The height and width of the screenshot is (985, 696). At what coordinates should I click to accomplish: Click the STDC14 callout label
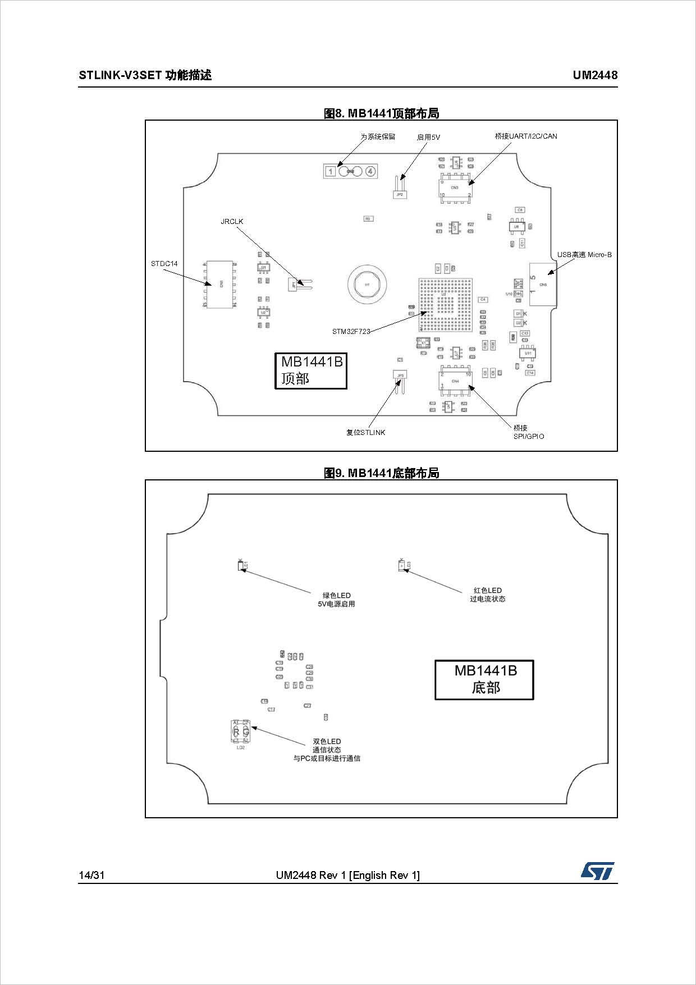point(164,263)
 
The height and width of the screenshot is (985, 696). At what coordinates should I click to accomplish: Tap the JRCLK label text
point(232,222)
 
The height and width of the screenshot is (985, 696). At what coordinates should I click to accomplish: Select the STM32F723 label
point(351,331)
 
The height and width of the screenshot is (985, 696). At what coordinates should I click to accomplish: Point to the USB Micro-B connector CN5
point(542,285)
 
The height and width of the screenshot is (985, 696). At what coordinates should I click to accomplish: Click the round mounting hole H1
point(367,285)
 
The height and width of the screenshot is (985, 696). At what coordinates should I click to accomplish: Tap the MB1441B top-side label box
point(310,370)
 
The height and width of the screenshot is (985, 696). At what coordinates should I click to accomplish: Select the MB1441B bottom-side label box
point(484,680)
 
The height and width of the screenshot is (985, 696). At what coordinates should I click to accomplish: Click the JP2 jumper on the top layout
point(400,190)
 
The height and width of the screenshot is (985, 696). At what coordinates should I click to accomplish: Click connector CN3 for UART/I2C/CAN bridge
point(455,187)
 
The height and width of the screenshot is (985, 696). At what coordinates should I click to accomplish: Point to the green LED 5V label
point(336,599)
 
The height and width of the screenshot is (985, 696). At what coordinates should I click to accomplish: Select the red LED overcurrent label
point(487,594)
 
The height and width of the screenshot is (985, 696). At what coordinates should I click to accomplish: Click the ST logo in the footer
point(597,871)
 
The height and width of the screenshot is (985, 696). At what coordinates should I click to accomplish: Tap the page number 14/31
point(91,875)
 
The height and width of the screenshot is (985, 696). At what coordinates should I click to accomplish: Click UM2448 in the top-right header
point(594,75)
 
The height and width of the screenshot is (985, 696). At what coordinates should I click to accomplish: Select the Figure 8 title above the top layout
point(381,113)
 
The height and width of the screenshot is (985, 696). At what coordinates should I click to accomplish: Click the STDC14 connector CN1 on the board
point(220,283)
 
